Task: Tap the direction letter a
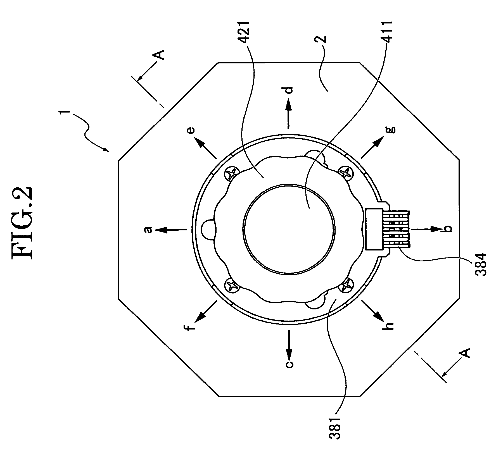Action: pyautogui.click(x=149, y=230)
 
